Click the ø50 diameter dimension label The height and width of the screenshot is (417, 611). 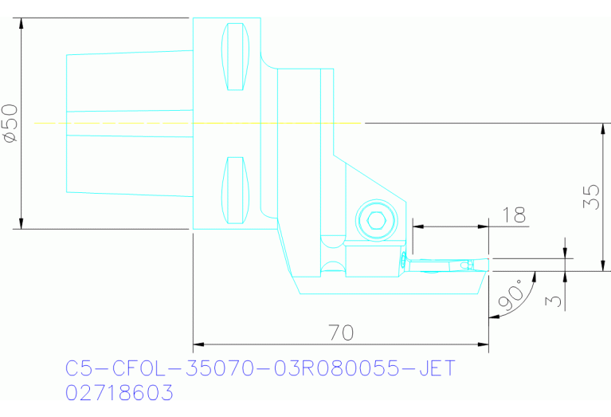pos(10,123)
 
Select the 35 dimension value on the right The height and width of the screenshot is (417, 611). pos(590,197)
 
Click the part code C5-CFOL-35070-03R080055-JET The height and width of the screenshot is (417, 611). pos(260,368)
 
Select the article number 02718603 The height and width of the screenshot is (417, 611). pos(119,394)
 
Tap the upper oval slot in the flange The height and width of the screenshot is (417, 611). pos(235,57)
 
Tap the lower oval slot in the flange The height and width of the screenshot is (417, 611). pos(235,190)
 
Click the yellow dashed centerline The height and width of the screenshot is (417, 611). pos(199,123)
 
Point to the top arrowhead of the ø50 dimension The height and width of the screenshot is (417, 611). pos(22,22)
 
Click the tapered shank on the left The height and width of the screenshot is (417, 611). pos(127,123)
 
